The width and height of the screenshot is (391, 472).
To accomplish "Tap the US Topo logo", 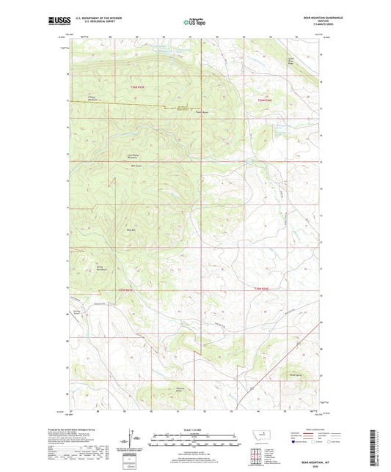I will click(194, 23).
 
